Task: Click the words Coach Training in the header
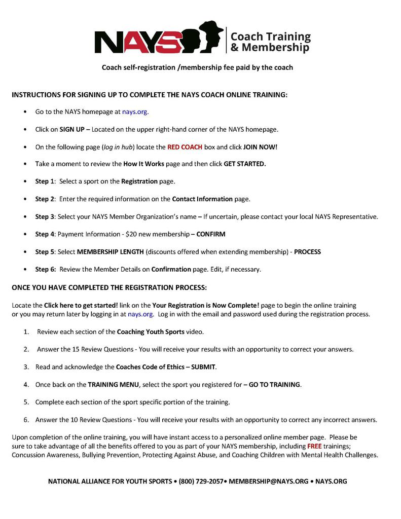270,36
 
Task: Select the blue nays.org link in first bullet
135,112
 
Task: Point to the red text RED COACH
185,147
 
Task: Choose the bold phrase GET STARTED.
245,164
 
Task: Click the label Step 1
45,181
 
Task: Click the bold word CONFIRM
211,234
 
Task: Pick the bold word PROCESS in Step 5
307,252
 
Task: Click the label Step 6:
46,269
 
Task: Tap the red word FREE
314,447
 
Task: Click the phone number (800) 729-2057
201,481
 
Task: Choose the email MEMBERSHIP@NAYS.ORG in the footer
268,481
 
